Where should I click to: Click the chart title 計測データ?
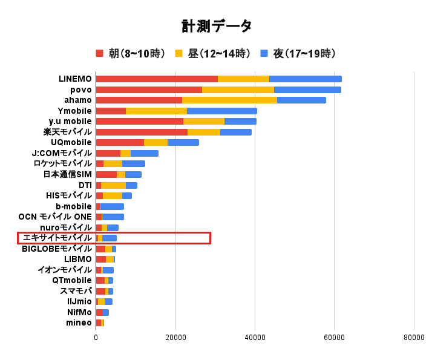pos(216,26)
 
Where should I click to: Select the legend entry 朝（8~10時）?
pos(131,53)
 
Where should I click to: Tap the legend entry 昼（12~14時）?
pos(212,53)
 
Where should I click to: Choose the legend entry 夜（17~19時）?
pos(297,53)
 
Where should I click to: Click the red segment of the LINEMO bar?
pos(157,79)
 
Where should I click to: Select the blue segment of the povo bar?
pos(307,90)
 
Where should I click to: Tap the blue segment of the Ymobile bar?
pos(222,111)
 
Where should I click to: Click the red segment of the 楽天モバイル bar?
pos(142,132)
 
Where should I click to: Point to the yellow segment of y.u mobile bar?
pos(204,122)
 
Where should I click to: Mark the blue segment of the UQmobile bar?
pos(183,143)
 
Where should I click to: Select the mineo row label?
pos(79,323)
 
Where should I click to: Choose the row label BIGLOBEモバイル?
pos(57,249)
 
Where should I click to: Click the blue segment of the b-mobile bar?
pos(112,206)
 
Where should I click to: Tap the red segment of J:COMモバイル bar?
pos(108,153)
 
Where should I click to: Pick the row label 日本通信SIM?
pos(67,174)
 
